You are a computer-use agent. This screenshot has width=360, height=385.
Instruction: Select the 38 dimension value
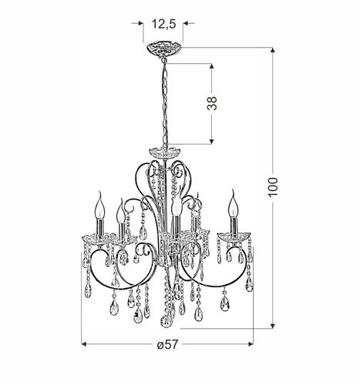(212, 103)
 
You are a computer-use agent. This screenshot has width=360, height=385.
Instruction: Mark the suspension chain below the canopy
(164, 100)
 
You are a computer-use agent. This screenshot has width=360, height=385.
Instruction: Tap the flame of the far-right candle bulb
(231, 204)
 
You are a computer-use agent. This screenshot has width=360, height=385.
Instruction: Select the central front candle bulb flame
(177, 207)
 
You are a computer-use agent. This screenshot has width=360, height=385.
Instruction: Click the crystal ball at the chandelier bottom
(165, 320)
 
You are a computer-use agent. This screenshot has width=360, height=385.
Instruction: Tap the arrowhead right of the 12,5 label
(186, 24)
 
